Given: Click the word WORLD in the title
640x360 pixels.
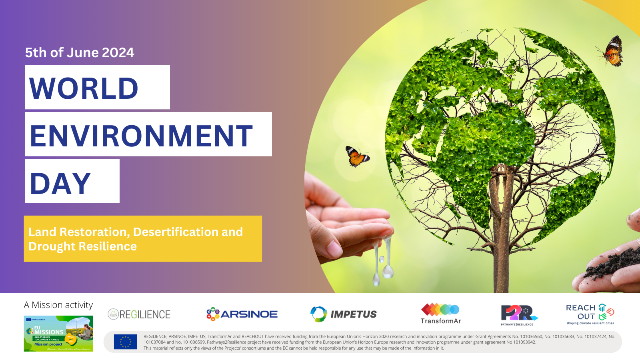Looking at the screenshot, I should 84,88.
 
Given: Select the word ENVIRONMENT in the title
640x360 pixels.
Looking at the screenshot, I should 141,136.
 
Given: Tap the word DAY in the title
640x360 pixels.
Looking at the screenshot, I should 60,184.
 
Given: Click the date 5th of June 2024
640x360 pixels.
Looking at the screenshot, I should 80,52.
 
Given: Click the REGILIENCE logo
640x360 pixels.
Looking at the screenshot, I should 139,314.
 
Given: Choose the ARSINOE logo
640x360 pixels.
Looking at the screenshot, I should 242,314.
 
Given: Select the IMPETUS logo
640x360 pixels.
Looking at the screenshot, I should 344,314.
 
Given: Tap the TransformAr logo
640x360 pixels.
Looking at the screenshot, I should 440,314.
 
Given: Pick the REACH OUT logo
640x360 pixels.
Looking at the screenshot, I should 590,314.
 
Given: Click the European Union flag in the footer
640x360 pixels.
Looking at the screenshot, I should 125,342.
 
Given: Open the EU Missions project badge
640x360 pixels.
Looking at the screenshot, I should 58,334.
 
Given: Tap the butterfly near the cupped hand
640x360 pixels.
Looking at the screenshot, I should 357,156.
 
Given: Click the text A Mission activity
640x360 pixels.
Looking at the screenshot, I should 58,305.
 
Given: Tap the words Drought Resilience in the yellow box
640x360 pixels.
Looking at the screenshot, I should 83,246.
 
